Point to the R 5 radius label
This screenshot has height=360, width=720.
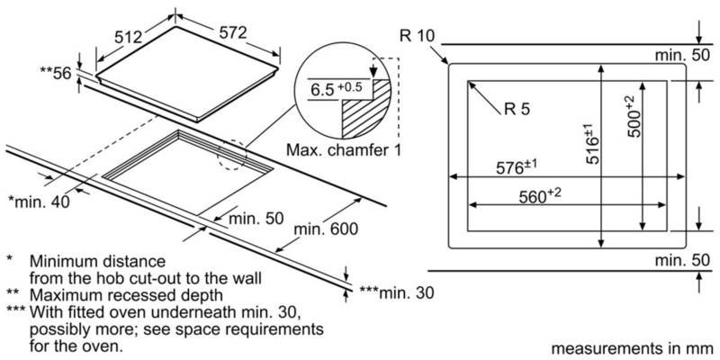pyautogui.click(x=518, y=111)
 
